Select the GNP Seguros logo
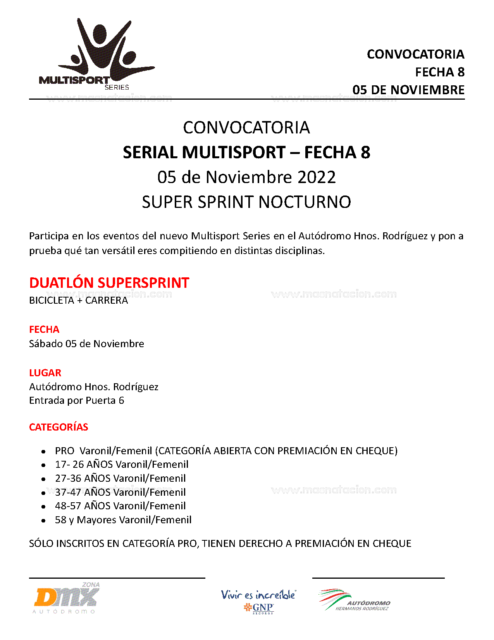[x=258, y=601]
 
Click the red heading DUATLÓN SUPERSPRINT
[x=109, y=283]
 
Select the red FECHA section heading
[x=44, y=329]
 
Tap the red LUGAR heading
[x=45, y=373]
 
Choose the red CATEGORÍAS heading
[x=59, y=427]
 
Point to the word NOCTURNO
[x=305, y=202]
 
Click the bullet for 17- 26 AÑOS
[x=44, y=465]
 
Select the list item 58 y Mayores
[x=123, y=520]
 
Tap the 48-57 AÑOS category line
[x=120, y=506]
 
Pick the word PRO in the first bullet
[x=64, y=451]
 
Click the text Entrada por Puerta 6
[x=76, y=400]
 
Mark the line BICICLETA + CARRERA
[x=78, y=301]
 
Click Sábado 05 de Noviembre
[x=86, y=344]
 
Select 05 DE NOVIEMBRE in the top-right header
[x=408, y=90]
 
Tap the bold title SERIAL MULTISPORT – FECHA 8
[x=246, y=152]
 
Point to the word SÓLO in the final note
[x=41, y=543]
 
